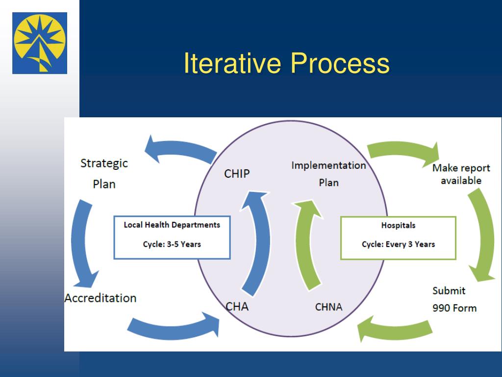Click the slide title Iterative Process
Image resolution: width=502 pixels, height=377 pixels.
pyautogui.click(x=286, y=64)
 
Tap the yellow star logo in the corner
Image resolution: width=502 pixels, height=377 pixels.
pyautogui.click(x=40, y=43)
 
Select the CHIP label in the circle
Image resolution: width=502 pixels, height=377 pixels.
pyautogui.click(x=237, y=174)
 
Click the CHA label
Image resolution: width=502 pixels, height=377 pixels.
pyautogui.click(x=237, y=307)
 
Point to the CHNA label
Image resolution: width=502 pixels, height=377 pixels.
pyautogui.click(x=328, y=307)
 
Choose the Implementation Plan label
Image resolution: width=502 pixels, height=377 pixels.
pyautogui.click(x=328, y=174)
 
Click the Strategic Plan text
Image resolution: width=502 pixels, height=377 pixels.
pyautogui.click(x=104, y=173)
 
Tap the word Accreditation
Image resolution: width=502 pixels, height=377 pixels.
pyautogui.click(x=100, y=298)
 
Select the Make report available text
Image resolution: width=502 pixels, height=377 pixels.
pyautogui.click(x=460, y=174)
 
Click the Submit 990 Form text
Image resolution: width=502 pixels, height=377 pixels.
pyautogui.click(x=454, y=299)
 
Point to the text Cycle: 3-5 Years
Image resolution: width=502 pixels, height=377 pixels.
pyautogui.click(x=172, y=244)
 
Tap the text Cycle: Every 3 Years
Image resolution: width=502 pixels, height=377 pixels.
pyautogui.click(x=398, y=244)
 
